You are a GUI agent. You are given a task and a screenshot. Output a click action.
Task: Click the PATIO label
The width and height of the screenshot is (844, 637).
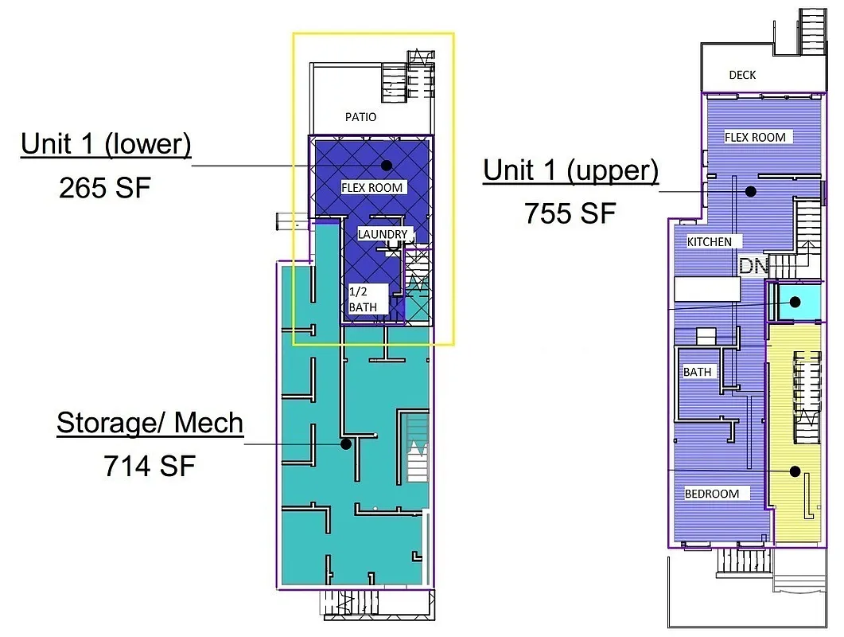(x=360, y=117)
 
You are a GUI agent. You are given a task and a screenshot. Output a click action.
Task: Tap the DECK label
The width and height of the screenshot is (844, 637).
(x=742, y=75)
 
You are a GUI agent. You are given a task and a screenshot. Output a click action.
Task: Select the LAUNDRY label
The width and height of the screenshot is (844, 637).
(x=383, y=234)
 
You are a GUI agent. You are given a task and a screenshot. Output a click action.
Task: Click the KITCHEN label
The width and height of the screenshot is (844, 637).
(x=709, y=241)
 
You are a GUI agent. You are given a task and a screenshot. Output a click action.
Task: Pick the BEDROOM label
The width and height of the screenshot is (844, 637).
(x=712, y=494)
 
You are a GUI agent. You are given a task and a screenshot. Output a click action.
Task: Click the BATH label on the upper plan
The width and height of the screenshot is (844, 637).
(x=697, y=372)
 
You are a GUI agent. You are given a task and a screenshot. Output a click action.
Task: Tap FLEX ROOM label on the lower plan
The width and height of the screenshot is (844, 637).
(x=373, y=188)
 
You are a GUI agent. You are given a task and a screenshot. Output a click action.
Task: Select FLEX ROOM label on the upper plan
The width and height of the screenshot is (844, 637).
(x=755, y=137)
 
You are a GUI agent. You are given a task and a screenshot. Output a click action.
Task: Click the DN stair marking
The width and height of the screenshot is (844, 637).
(x=752, y=266)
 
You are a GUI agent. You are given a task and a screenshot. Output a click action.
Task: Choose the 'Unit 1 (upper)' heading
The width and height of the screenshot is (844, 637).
(x=571, y=170)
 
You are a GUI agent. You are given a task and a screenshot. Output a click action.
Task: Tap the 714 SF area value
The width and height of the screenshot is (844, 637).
(x=150, y=465)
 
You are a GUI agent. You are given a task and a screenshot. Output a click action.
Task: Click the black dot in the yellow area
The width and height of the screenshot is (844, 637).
(x=795, y=471)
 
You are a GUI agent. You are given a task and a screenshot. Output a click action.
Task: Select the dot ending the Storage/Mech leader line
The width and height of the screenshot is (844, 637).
(x=346, y=444)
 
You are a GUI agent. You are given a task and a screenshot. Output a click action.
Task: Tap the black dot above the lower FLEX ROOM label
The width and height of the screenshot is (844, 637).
(x=387, y=165)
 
